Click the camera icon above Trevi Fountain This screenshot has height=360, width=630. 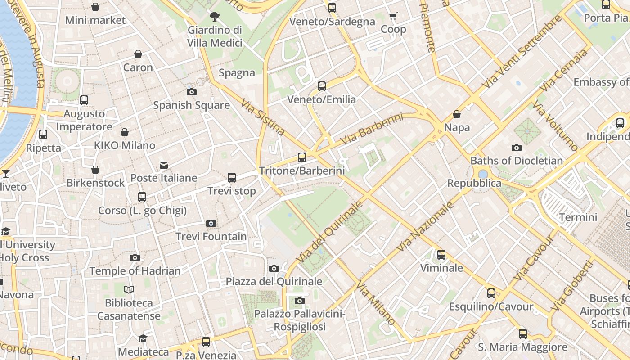211,223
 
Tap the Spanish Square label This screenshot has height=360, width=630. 191,105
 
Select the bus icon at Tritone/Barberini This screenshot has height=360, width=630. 301,157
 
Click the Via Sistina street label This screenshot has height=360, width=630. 263,117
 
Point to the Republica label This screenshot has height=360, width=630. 474,183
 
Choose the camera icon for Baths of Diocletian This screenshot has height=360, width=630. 517,148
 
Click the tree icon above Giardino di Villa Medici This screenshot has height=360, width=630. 215,17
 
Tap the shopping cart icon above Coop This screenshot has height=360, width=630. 393,16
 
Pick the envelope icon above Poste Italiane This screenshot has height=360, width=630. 164,165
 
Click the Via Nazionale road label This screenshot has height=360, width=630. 425,227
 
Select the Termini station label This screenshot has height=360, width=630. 578,217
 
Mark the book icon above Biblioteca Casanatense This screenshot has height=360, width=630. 129,290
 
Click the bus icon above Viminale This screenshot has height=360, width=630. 441,255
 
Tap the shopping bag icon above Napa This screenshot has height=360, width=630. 457,114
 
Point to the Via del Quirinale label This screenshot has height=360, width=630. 330,232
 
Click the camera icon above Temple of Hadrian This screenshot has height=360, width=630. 135,258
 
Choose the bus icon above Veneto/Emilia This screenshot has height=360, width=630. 321,86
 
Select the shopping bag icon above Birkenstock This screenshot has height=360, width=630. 95,170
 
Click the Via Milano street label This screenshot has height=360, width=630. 376,303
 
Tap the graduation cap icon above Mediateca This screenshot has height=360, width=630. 143,338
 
